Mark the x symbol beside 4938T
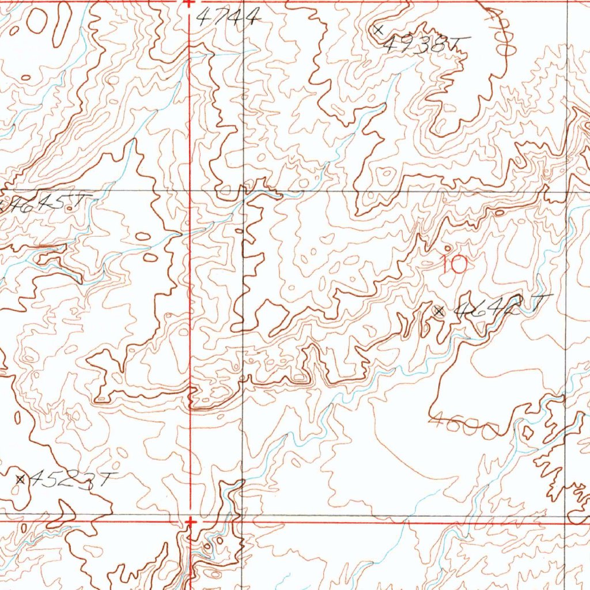pos(379,29)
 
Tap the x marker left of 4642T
pos(439,311)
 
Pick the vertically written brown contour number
pos(497,23)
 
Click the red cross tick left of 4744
pos(190,2)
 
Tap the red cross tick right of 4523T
pos(191,521)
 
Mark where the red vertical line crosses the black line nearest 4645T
pos(191,190)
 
